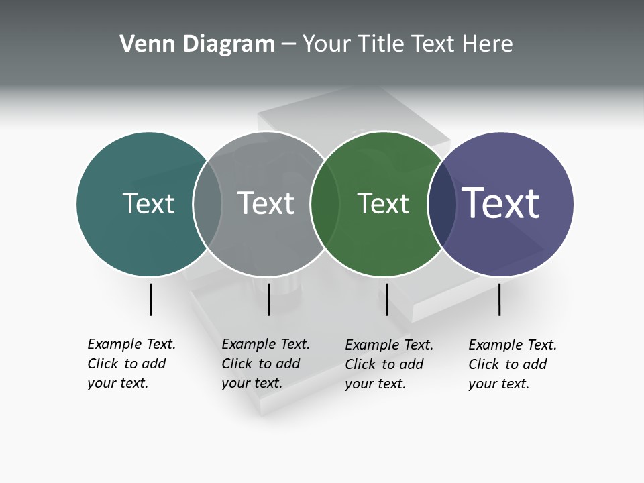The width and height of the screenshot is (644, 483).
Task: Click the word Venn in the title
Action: (144, 44)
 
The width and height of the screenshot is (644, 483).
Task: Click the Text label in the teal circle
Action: (148, 203)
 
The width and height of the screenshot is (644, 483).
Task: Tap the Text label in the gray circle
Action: (266, 203)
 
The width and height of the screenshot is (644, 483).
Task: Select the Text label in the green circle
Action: (383, 203)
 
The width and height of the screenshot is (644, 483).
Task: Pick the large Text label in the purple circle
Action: (501, 203)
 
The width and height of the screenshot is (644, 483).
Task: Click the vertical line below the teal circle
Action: (150, 299)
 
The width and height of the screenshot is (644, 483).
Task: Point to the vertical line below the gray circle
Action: (268, 299)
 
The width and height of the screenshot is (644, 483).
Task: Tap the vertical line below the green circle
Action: (386, 299)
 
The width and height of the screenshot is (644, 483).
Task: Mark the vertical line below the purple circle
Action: (499, 299)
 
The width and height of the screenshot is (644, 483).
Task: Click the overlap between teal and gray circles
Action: (208, 203)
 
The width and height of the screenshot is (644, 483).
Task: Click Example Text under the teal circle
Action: (131, 344)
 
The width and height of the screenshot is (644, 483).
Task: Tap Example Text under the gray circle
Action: (266, 344)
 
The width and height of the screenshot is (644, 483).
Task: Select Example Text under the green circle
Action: (389, 345)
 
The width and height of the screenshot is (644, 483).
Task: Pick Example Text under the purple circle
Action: (513, 345)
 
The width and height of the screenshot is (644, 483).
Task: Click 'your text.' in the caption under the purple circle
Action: (498, 384)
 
